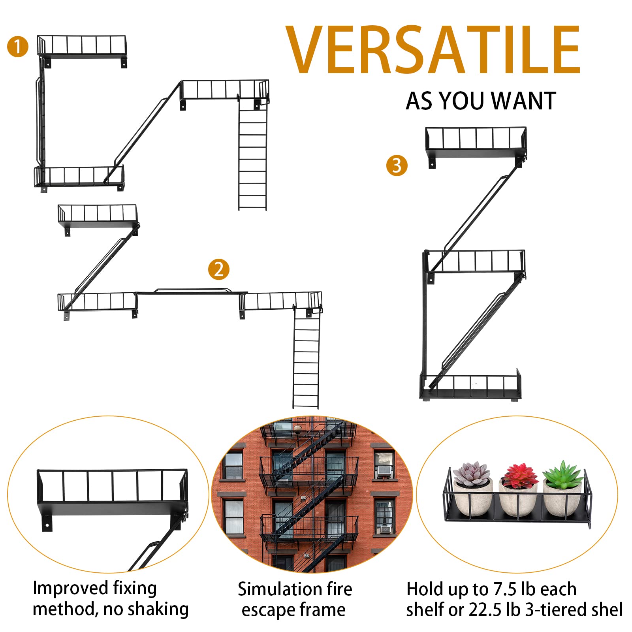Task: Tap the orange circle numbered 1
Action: click(18, 47)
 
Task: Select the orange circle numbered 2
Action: click(218, 269)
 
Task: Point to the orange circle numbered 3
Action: click(397, 166)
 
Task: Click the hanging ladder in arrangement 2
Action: click(306, 359)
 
